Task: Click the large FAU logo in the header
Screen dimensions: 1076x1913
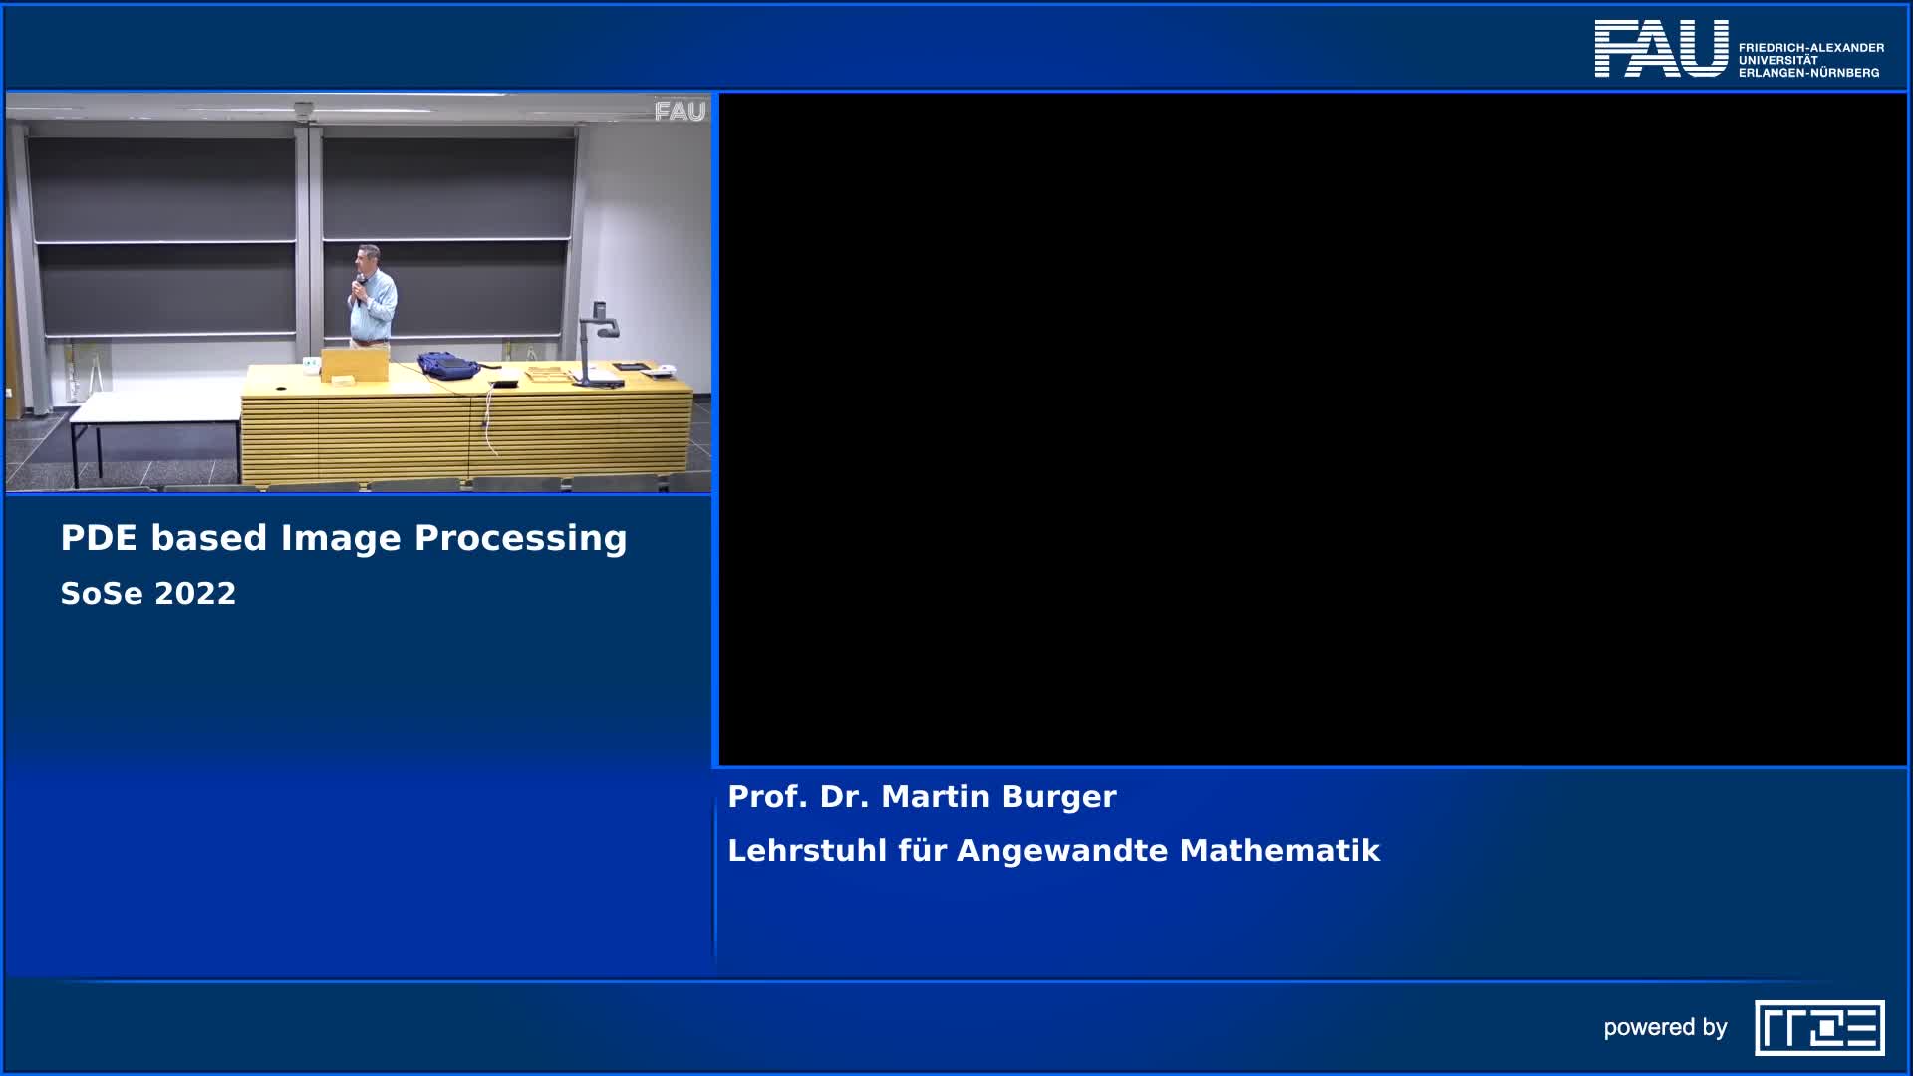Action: (1661, 48)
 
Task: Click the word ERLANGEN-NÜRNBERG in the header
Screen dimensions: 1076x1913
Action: (1808, 73)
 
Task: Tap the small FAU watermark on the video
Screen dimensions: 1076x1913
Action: (680, 112)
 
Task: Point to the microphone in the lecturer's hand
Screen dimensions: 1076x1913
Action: (357, 286)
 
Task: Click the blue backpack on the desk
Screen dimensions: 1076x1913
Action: (446, 365)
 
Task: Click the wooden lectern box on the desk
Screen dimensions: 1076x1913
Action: (354, 364)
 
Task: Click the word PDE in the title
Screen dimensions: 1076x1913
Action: (99, 538)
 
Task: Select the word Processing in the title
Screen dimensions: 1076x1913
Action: (520, 538)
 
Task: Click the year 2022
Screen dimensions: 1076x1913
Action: (195, 594)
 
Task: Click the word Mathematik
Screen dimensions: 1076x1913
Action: (1279, 851)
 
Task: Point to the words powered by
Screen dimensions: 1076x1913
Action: (1665, 1028)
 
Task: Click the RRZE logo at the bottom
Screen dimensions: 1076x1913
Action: (1819, 1028)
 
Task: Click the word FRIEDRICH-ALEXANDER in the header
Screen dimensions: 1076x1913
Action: (1810, 47)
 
